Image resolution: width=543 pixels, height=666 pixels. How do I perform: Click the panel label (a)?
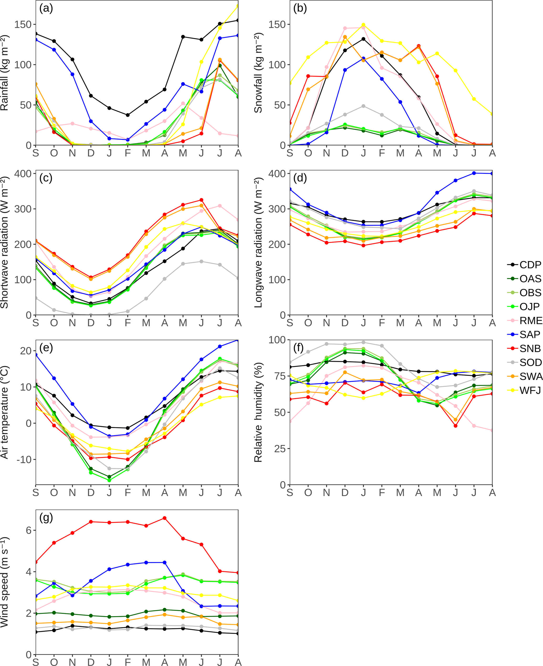(x=46, y=8)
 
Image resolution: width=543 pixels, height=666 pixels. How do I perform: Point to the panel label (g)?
(x=46, y=518)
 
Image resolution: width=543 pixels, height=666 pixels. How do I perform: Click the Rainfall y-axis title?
(x=4, y=73)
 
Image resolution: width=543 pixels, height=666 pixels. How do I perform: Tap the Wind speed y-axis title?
(x=4, y=582)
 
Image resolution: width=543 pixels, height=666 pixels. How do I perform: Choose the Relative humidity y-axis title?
(x=258, y=412)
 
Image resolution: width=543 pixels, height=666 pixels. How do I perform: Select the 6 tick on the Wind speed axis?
(x=29, y=530)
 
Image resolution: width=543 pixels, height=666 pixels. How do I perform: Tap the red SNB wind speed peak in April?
(x=164, y=518)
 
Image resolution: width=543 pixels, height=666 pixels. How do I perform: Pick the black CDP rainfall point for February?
(x=128, y=115)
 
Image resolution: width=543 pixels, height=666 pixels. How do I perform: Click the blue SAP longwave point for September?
(x=290, y=189)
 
